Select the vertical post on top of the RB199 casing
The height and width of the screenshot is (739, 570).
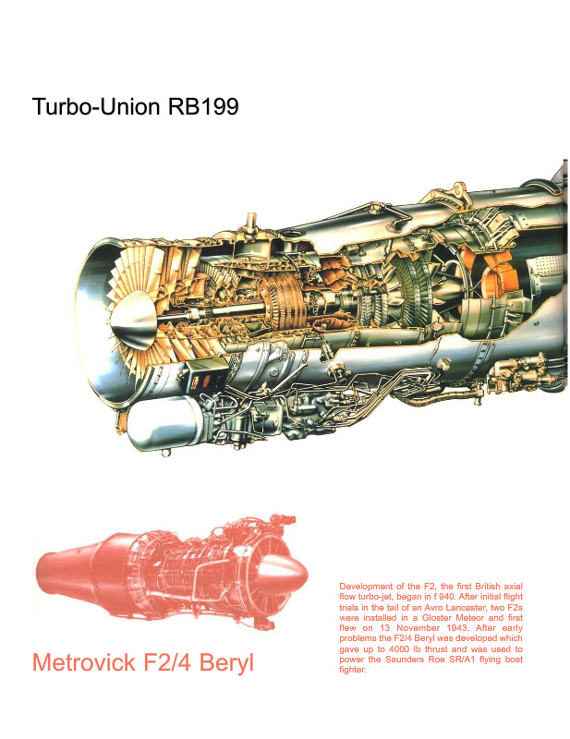pyautogui.click(x=248, y=224)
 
